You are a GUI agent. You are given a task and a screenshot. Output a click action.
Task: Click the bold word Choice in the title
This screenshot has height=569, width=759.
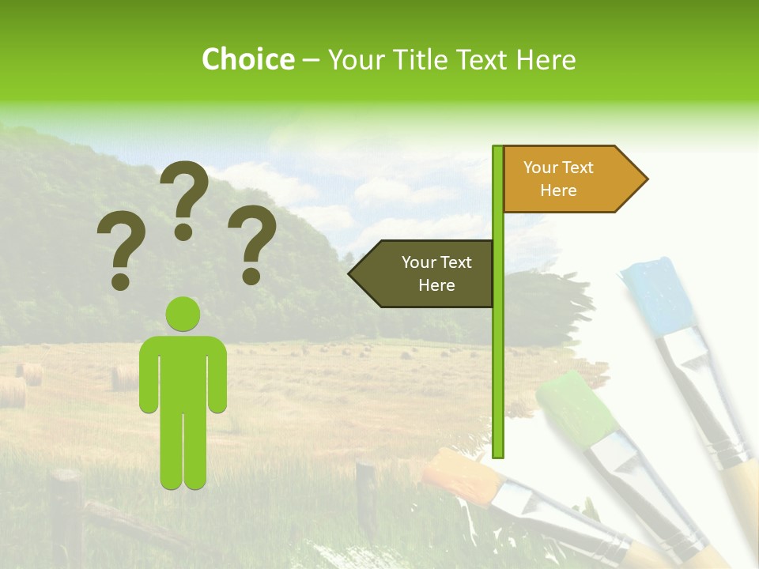click(x=247, y=59)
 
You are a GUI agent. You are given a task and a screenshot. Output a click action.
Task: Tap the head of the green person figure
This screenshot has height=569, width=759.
click(x=183, y=314)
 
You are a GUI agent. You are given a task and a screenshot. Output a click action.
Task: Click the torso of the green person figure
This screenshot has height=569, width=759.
click(x=183, y=371)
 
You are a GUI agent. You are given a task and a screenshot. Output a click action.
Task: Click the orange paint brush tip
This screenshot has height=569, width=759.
click(x=458, y=475)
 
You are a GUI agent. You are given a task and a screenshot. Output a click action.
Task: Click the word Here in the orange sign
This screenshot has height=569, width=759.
click(x=558, y=190)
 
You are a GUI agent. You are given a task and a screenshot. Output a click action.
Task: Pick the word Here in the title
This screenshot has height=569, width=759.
click(x=546, y=59)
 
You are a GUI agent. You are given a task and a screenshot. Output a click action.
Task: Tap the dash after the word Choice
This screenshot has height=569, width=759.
click(x=311, y=60)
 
